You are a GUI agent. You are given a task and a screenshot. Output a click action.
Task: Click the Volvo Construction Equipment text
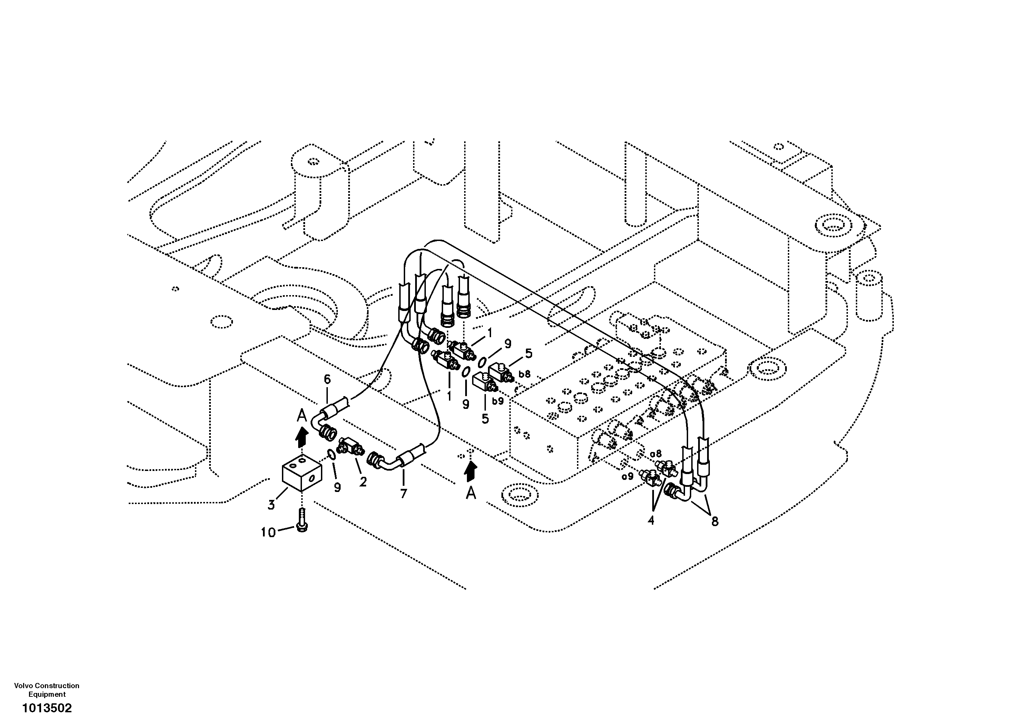tap(47, 690)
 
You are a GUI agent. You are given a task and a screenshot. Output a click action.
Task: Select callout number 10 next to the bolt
tap(268, 532)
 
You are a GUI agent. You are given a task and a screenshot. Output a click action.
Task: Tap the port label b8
tap(524, 374)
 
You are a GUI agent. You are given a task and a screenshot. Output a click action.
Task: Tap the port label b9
tap(498, 401)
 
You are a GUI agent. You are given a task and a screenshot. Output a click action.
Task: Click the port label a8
tap(656, 454)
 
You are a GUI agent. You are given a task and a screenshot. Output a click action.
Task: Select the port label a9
tap(628, 476)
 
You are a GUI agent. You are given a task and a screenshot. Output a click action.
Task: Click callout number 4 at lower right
tap(651, 520)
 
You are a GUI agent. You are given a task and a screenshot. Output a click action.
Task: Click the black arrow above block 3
tap(302, 436)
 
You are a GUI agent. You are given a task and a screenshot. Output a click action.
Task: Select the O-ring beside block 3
tap(331, 455)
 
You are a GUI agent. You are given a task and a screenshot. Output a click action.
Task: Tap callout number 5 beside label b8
tap(529, 353)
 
